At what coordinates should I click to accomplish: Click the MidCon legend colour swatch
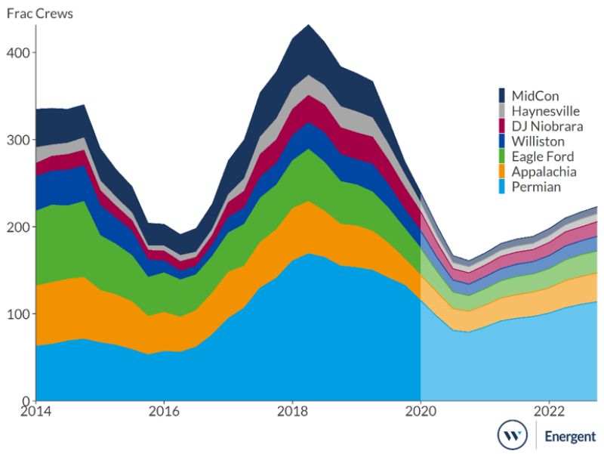502,95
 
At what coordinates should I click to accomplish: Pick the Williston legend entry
538,141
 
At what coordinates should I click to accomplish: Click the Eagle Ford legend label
542,156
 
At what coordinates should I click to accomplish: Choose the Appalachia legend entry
544,171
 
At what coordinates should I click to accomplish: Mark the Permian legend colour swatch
502,187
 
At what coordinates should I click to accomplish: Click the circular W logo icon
512,435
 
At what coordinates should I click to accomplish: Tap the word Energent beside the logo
570,436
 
